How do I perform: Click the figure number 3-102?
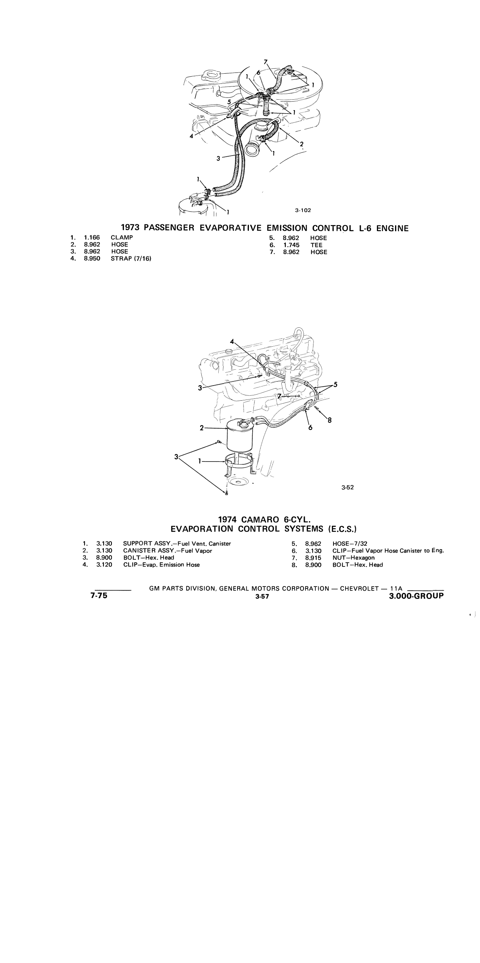303,210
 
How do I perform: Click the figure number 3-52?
347,487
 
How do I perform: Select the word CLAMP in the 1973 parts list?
122,238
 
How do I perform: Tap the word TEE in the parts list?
316,245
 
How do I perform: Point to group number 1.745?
292,245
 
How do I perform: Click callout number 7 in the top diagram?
266,62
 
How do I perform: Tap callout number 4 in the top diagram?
192,136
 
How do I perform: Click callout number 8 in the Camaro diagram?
329,420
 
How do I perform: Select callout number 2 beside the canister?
202,428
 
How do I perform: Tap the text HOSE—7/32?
350,544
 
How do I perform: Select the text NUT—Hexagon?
353,558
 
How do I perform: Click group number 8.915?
313,558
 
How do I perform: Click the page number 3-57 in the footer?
262,597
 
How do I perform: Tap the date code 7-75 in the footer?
99,596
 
